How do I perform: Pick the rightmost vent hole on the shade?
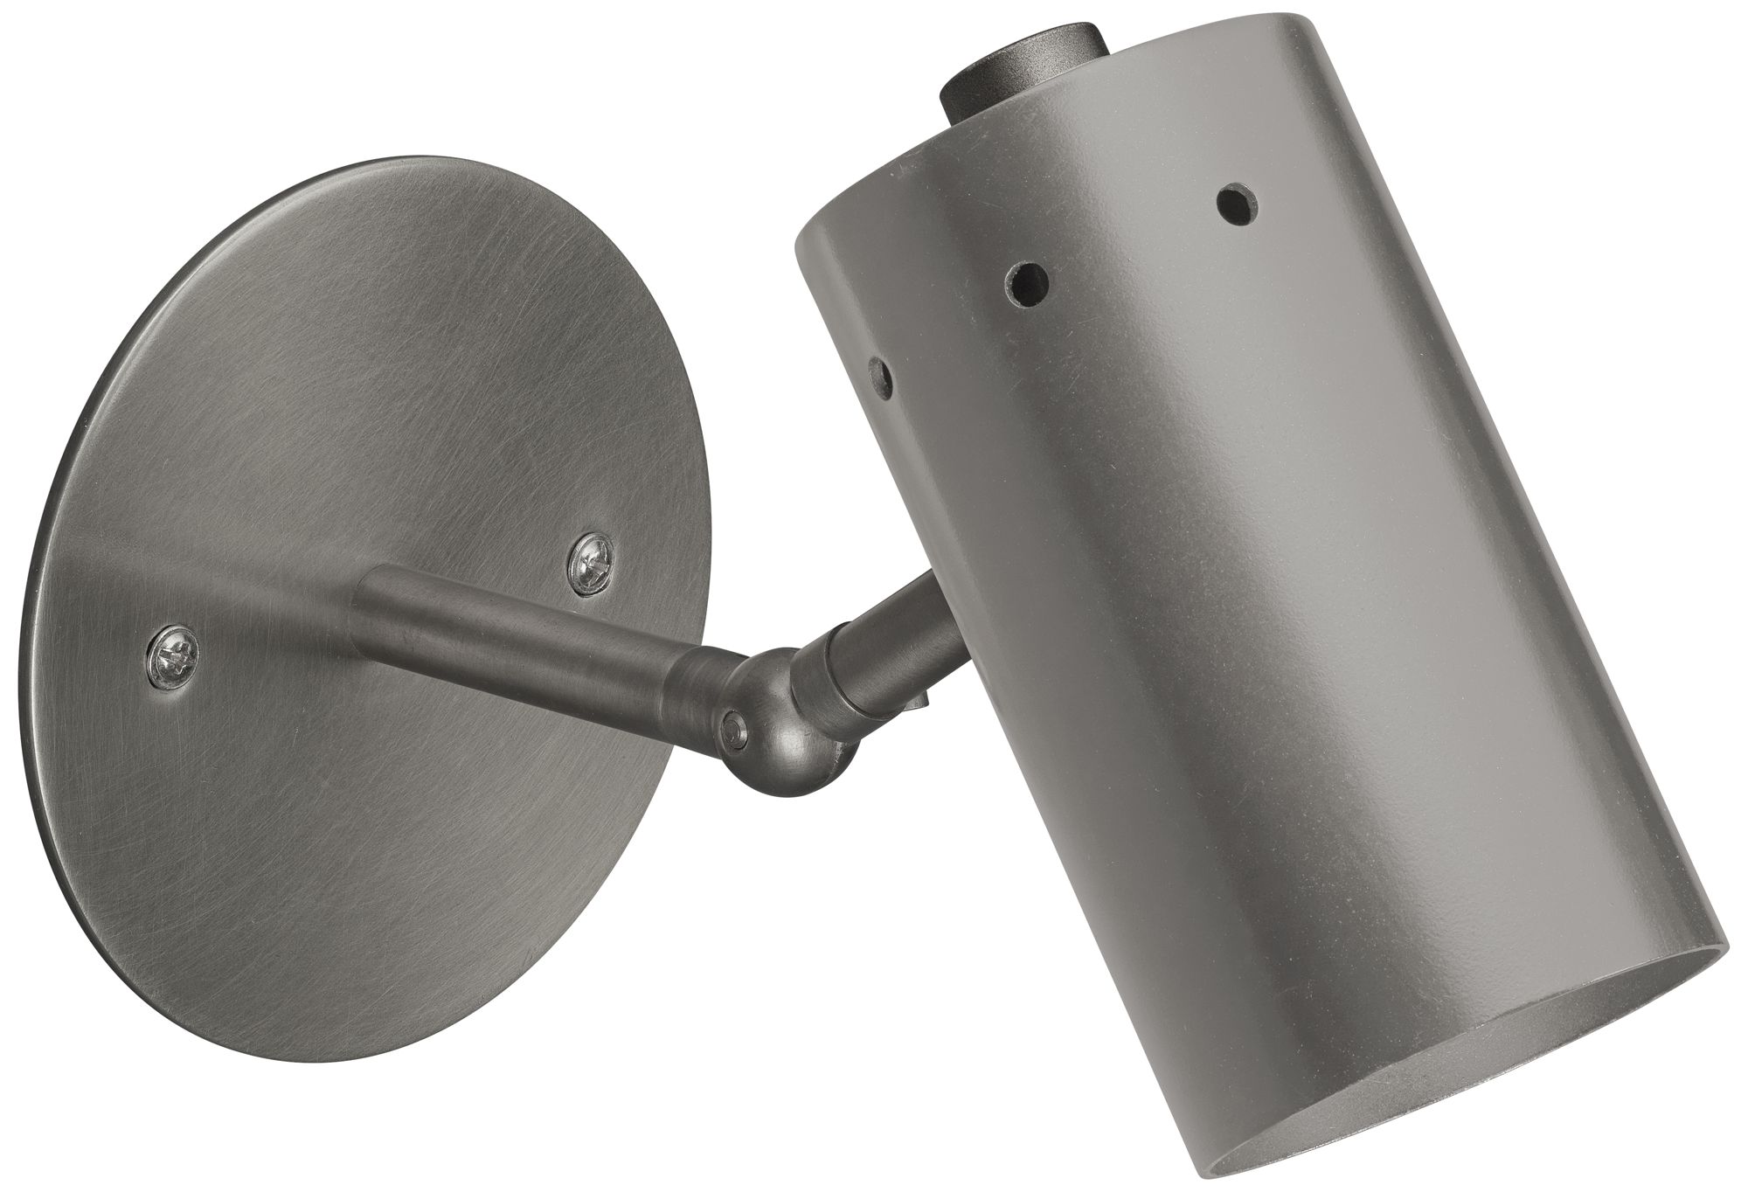(1234, 202)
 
